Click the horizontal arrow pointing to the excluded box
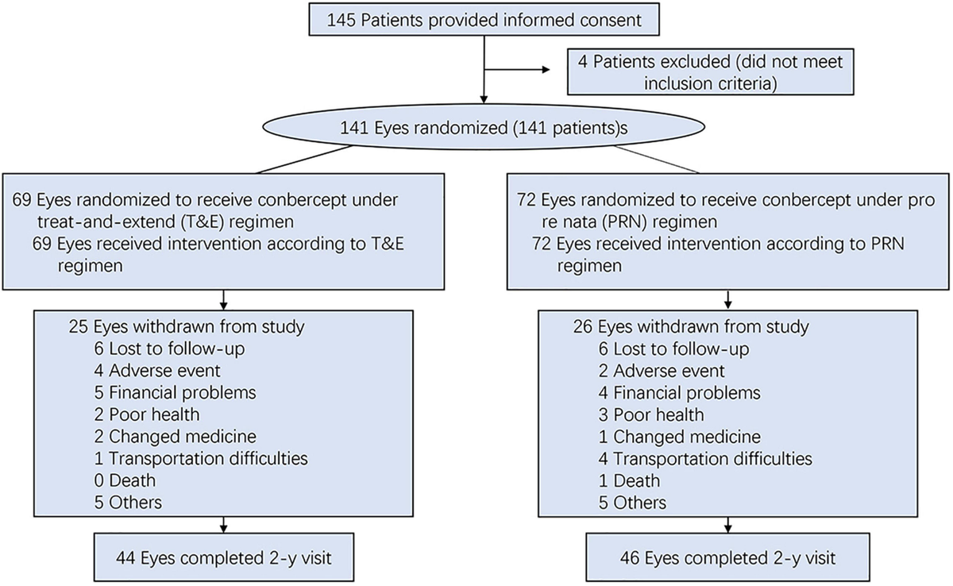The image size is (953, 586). coord(516,68)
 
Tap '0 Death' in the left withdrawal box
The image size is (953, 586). coord(124,480)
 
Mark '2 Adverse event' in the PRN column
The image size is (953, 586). coord(661,371)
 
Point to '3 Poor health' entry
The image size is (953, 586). coord(651,414)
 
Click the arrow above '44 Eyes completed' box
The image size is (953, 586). coord(223,525)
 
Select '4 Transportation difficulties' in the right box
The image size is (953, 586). coord(705,459)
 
